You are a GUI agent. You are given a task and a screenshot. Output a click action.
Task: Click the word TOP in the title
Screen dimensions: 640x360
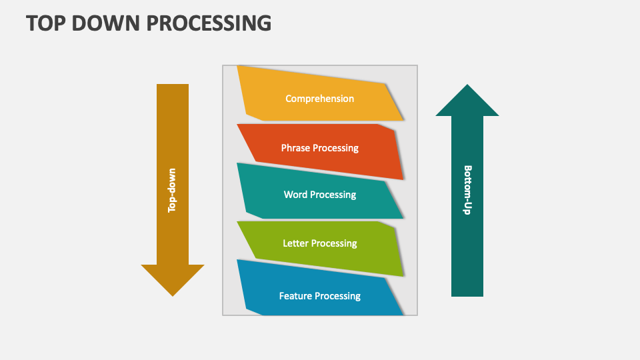pos(46,23)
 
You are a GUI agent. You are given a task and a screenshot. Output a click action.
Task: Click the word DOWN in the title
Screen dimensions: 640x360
pos(106,23)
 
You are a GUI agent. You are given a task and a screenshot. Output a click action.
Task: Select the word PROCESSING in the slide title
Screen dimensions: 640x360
pos(209,23)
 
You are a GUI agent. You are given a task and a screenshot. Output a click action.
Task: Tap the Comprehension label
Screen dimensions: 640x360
pos(319,99)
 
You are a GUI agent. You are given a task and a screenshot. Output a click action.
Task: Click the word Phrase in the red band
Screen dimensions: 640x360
pos(295,148)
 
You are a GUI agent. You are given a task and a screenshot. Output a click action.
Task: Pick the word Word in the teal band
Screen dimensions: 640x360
pos(295,194)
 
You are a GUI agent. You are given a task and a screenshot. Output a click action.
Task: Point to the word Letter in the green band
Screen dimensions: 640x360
pos(296,243)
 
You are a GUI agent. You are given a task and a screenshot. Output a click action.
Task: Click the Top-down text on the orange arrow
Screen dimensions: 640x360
pos(172,190)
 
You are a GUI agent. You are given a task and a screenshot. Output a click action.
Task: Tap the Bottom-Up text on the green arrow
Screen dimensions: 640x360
pos(468,190)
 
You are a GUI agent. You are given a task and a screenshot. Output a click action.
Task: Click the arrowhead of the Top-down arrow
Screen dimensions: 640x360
pos(173,280)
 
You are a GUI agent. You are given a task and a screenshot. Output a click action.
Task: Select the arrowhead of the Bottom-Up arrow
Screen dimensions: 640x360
pos(467,101)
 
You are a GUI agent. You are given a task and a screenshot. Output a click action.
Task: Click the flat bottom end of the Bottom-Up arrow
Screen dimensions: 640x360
pos(467,296)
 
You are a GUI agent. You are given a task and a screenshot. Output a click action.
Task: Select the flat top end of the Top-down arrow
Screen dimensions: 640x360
pos(173,85)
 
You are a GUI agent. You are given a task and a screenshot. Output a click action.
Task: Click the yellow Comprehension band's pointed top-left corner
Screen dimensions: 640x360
pos(237,66)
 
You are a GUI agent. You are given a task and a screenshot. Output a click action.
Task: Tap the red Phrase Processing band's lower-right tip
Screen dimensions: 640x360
pos(403,179)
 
